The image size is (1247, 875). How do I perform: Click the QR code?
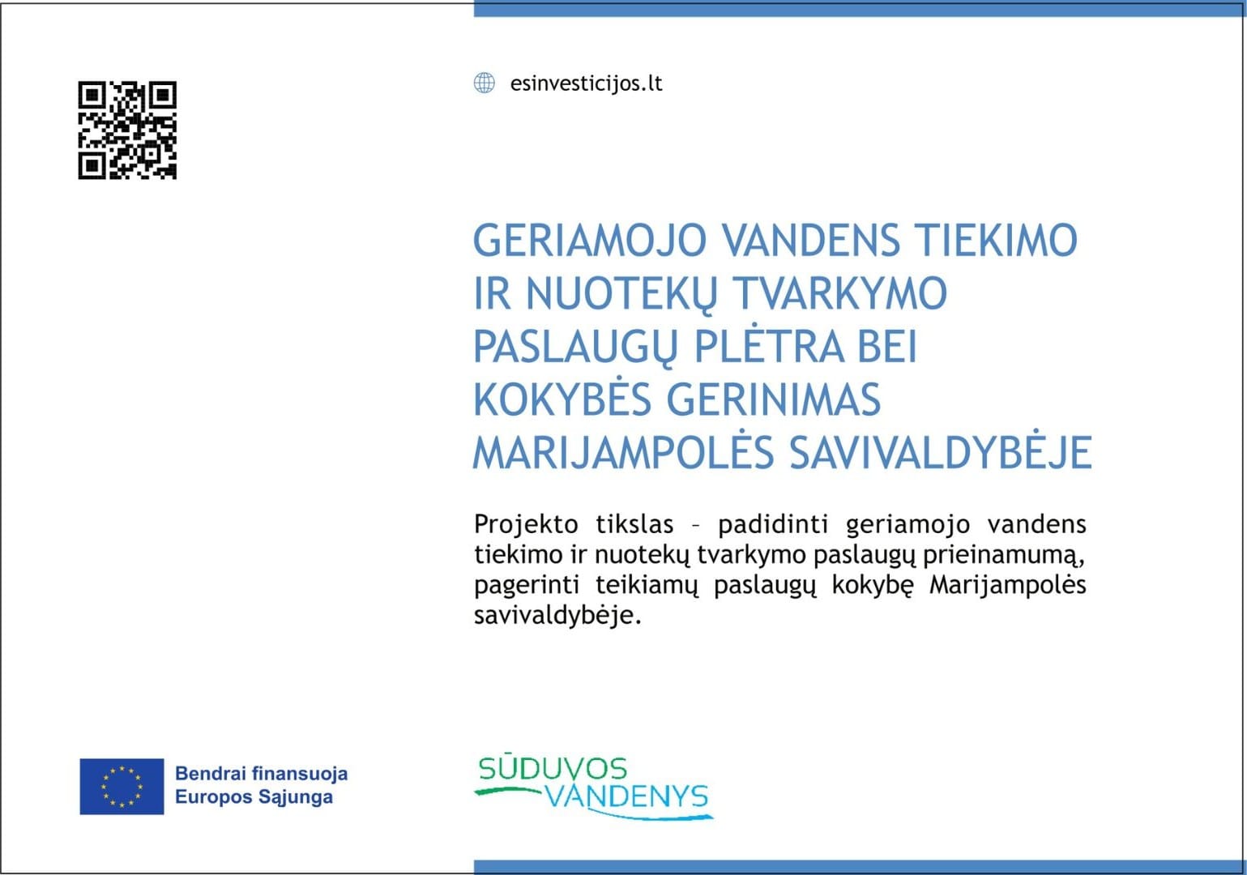(x=127, y=130)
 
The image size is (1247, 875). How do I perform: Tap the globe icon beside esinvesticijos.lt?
(x=485, y=83)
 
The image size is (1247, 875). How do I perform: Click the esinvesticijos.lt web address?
(x=586, y=83)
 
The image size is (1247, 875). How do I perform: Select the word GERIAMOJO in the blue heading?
(x=590, y=241)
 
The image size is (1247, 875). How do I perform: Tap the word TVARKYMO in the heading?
(x=839, y=293)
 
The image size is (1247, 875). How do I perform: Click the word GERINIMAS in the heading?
(x=774, y=399)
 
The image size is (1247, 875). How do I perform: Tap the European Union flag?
(x=122, y=787)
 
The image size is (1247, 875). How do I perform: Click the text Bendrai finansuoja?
(x=261, y=774)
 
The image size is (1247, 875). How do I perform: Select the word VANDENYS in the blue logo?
(x=627, y=796)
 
